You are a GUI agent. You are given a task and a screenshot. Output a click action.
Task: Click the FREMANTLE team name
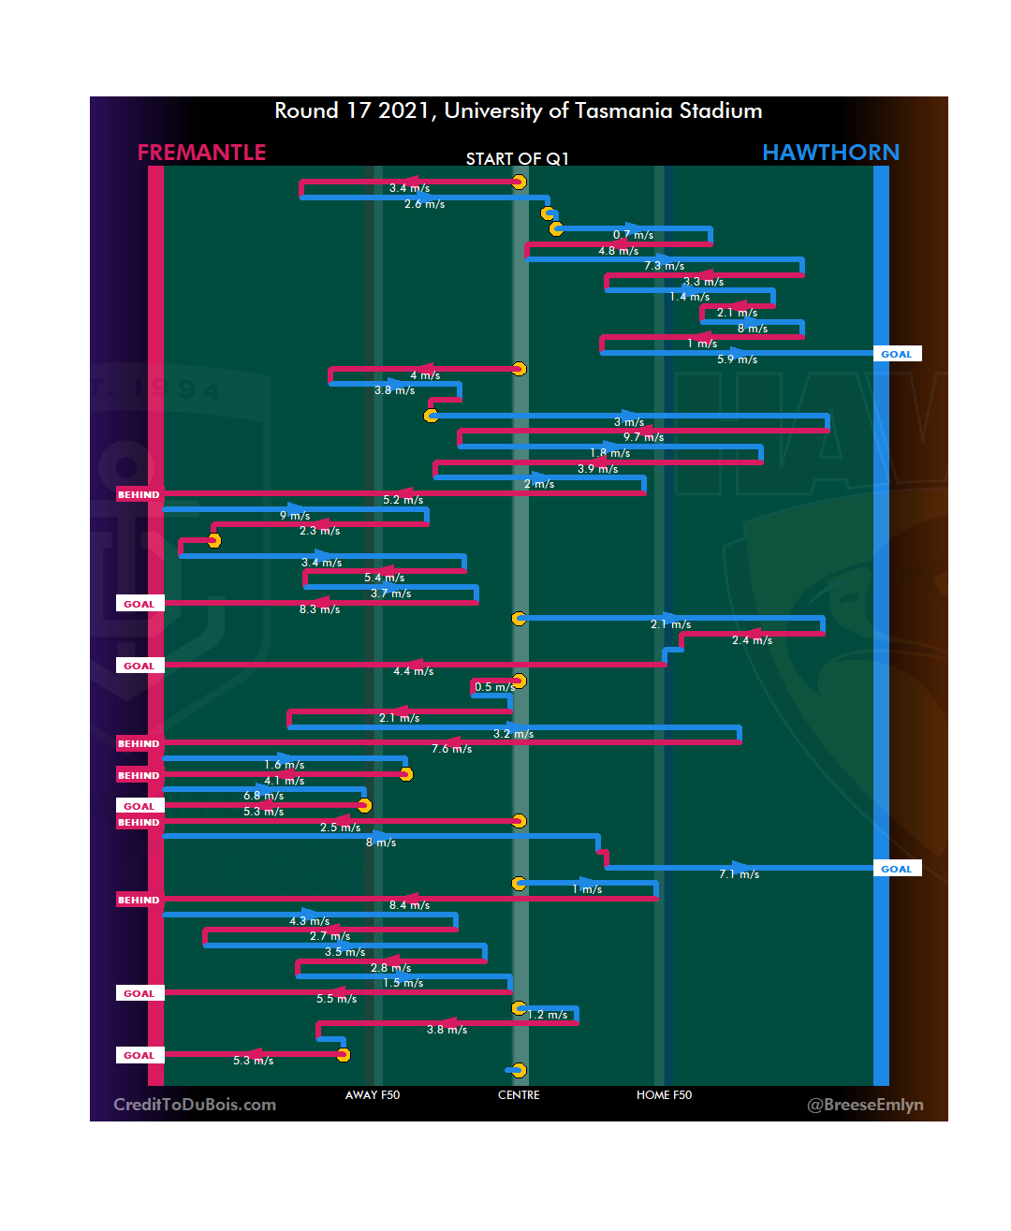point(201,153)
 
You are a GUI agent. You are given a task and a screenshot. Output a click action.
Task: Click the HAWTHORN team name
point(830,153)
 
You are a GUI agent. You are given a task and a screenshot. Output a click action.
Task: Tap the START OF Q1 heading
point(518,159)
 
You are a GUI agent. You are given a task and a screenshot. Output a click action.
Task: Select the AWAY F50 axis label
point(373,1095)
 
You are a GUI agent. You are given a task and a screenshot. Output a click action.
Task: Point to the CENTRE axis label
point(519,1095)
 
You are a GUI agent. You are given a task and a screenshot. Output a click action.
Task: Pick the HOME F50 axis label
point(664,1095)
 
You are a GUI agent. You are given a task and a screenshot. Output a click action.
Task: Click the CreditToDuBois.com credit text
point(195,1105)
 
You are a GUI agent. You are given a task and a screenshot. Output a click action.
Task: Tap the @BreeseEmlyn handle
point(865,1105)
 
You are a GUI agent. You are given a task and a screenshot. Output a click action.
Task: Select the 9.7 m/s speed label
point(643,437)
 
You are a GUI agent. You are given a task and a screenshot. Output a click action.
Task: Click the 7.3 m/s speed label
point(664,266)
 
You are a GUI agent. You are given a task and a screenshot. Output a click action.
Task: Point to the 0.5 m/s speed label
point(494,687)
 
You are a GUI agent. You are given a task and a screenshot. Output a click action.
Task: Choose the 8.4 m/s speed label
point(409,905)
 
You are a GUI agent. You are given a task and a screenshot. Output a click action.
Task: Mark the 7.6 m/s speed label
point(451,749)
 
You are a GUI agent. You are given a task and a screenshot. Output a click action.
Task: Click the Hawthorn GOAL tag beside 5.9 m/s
point(897,354)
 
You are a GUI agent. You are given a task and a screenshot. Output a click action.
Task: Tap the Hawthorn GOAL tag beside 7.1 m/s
point(897,869)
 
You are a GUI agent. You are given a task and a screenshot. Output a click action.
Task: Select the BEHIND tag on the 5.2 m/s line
point(139,494)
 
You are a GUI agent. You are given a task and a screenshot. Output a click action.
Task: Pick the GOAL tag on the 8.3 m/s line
point(139,604)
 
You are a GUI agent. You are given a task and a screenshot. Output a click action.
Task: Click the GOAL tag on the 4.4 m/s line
point(139,666)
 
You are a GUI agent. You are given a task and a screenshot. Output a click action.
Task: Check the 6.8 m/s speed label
point(263,796)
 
